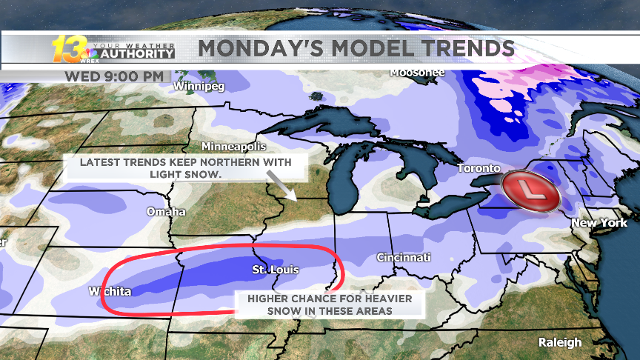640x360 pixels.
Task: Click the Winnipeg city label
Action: (x=199, y=86)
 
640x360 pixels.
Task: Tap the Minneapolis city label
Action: (x=233, y=147)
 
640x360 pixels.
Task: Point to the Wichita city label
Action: (x=110, y=291)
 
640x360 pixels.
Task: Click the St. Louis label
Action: (x=275, y=270)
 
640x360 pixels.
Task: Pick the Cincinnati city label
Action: (x=404, y=258)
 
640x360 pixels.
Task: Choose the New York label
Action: (x=599, y=222)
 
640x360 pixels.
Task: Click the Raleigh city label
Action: (x=560, y=342)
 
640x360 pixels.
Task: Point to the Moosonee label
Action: (x=418, y=73)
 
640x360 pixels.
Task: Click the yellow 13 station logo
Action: (x=67, y=49)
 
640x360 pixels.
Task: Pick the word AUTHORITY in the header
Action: (x=137, y=54)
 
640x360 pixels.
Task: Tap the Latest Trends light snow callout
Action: (x=186, y=167)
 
